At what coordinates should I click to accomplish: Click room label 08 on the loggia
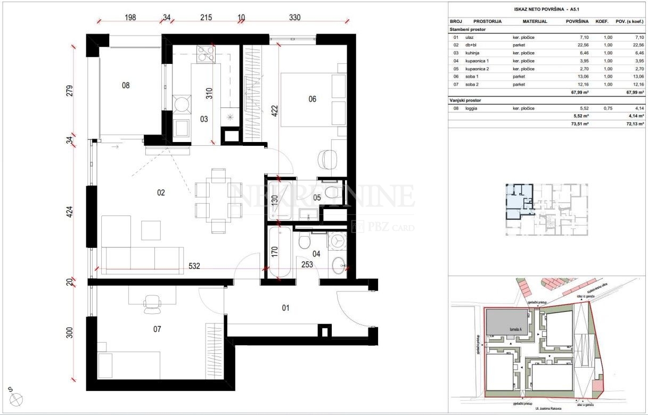pyautogui.click(x=126, y=85)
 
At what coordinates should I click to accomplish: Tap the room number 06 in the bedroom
pyautogui.click(x=312, y=98)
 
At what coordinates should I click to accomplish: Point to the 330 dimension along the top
pyautogui.click(x=294, y=18)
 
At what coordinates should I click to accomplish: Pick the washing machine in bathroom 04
pyautogui.click(x=336, y=242)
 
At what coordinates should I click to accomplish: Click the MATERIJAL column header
pyautogui.click(x=535, y=22)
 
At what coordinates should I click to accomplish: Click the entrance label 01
pyautogui.click(x=285, y=307)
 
